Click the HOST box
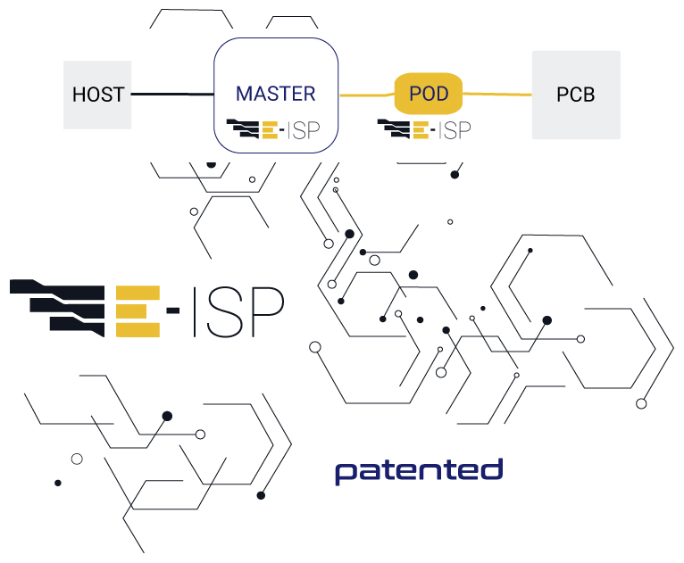[97, 94]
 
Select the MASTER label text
[275, 94]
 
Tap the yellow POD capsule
[428, 94]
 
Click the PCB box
[575, 94]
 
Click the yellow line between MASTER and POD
[366, 94]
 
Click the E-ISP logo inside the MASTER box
[275, 130]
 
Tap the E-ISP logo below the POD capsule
[425, 130]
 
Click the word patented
[419, 470]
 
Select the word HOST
[97, 94]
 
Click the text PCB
[575, 94]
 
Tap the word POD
[428, 94]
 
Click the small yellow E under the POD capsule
[421, 130]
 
